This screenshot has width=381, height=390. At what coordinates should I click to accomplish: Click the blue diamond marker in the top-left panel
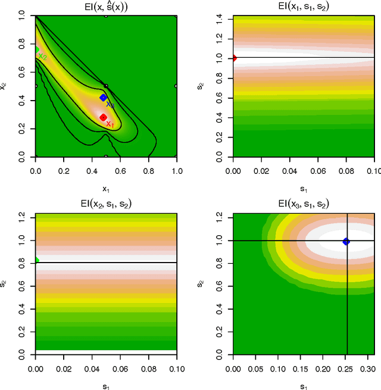(103, 97)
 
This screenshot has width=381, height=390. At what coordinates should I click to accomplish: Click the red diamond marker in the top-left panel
(103, 117)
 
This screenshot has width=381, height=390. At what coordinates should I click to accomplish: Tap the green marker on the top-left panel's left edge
(36, 51)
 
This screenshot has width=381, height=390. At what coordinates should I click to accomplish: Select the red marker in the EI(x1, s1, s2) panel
(233, 58)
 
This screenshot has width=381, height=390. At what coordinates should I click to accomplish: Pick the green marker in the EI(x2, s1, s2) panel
(36, 260)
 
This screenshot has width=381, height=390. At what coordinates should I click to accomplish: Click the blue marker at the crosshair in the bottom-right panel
(346, 242)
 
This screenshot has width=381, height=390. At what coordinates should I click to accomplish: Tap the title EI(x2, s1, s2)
(106, 204)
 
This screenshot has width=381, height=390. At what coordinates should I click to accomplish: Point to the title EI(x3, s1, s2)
(304, 204)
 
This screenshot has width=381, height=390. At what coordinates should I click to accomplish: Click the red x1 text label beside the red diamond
(110, 124)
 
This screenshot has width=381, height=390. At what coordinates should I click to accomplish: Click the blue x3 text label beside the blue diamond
(110, 105)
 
